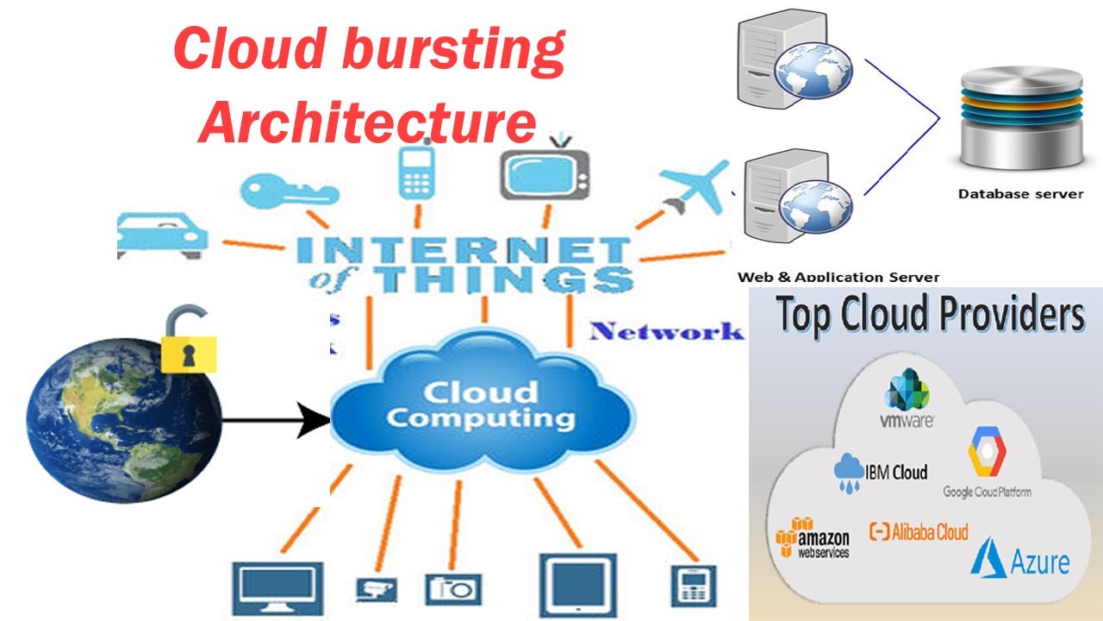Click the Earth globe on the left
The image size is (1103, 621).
(123, 420)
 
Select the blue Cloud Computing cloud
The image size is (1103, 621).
(480, 405)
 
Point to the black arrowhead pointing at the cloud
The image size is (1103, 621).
(315, 422)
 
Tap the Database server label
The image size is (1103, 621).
(1020, 194)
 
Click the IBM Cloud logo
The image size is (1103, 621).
(881, 472)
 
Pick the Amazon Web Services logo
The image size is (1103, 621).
(813, 537)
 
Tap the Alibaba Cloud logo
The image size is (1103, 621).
(919, 531)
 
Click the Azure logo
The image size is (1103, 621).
(1020, 558)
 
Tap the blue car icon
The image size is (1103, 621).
(162, 234)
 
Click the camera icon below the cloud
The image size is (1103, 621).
(452, 588)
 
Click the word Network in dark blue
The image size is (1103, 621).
(666, 331)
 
